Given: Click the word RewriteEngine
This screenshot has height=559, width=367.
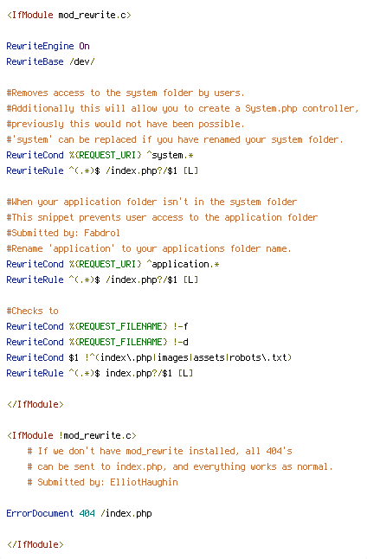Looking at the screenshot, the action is (41, 47).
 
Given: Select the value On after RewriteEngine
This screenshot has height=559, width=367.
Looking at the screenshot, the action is (84, 47).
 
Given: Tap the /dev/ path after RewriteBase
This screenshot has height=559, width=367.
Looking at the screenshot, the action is (82, 61).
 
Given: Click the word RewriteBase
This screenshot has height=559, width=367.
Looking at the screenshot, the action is (35, 61).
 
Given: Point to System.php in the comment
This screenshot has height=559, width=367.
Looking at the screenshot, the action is (271, 109).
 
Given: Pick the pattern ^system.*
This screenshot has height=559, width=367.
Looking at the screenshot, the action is (171, 155).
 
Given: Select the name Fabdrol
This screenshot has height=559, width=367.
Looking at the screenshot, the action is (102, 233).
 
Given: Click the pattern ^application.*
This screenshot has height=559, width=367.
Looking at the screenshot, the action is (183, 264).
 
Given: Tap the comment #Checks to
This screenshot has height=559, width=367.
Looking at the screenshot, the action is (32, 311).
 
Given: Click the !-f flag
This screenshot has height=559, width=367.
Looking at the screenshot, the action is (180, 326).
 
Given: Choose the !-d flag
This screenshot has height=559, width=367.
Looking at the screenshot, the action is (180, 343).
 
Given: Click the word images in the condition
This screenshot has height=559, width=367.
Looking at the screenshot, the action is (172, 357).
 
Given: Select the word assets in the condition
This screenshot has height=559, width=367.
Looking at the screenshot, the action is (209, 357).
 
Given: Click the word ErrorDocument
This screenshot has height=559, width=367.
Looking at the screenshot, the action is (40, 513).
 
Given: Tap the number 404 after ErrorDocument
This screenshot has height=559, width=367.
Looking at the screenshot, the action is (87, 513).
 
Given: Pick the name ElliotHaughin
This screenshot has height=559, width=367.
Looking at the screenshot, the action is (144, 482).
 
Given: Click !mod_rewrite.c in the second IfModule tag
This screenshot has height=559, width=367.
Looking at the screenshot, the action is (95, 435).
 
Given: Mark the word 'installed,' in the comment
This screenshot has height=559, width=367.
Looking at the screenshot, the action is (214, 452).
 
